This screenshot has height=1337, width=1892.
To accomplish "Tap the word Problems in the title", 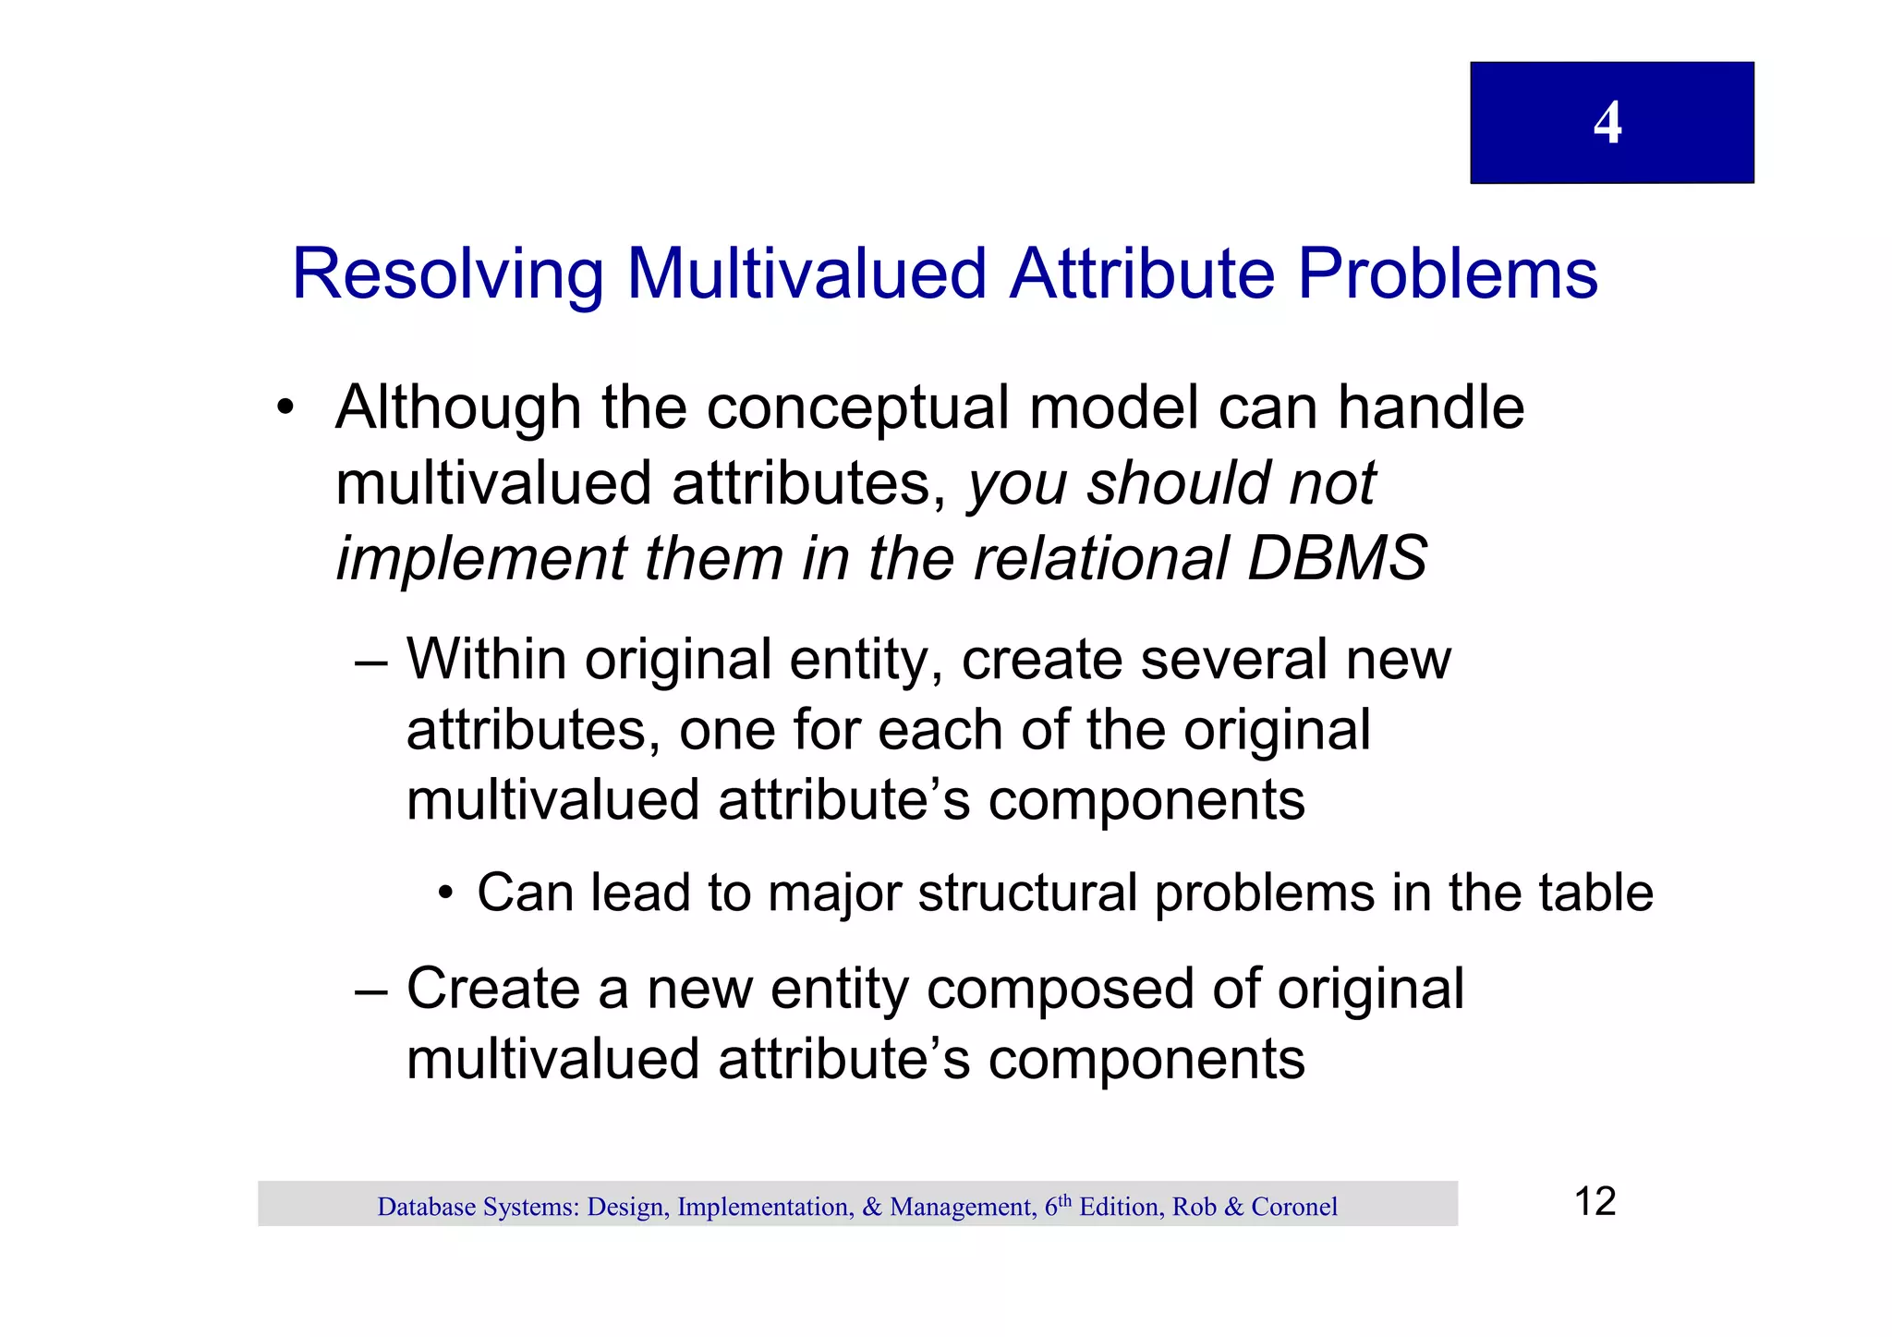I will [x=1447, y=274].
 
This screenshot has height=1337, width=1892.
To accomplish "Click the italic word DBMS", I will [x=1336, y=559].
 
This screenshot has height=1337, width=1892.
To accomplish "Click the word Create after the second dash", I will [x=493, y=990].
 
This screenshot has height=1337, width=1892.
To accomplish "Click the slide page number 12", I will [x=1595, y=1202].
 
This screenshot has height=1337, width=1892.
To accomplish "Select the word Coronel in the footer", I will [x=1293, y=1208].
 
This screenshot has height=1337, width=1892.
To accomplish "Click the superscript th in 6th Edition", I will [x=1064, y=1200].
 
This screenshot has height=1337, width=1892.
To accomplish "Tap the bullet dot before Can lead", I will [x=446, y=894].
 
